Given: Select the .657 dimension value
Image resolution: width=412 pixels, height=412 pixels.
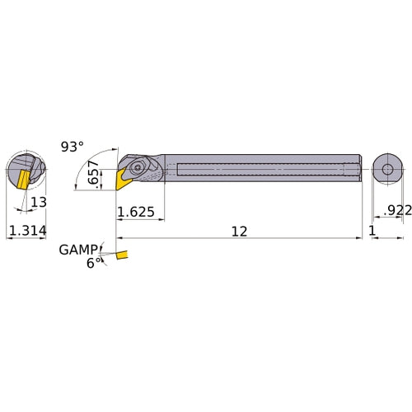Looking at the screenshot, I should [x=101, y=174].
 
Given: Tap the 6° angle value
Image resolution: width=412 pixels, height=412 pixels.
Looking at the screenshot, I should [x=95, y=263].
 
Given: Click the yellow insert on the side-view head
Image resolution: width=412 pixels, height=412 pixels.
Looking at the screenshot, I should [x=125, y=175].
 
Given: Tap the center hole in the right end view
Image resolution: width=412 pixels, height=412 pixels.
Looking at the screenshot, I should [x=386, y=171].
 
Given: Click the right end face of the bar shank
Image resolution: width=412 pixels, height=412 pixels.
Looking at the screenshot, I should [x=361, y=171].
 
